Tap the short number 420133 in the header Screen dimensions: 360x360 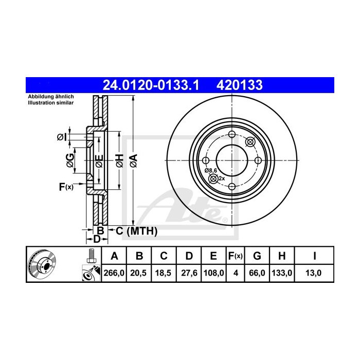pyautogui.click(x=242, y=84)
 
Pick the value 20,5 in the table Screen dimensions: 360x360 pyautogui.click(x=138, y=274)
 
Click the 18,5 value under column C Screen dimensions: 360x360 pyautogui.click(x=164, y=274)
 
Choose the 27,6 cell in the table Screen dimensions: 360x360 pyautogui.click(x=189, y=274)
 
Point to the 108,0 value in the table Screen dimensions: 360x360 pyautogui.click(x=214, y=274)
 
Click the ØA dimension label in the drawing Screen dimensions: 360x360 pyautogui.click(x=133, y=160)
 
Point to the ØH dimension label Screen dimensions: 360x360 pyautogui.click(x=119, y=160)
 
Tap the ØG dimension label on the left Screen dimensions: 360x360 pyautogui.click(x=70, y=160)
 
